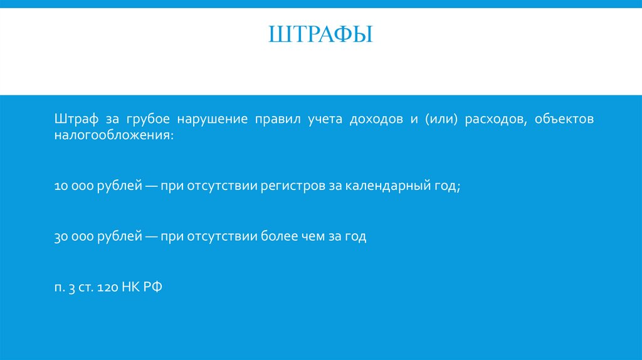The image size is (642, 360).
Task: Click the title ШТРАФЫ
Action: click(x=320, y=34)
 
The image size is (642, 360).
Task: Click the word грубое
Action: click(x=146, y=119)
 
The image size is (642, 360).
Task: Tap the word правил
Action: click(x=273, y=119)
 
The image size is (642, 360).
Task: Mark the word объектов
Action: click(x=564, y=119)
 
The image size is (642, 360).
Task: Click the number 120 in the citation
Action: click(x=109, y=288)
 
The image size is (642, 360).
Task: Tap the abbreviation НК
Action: click(x=132, y=288)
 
